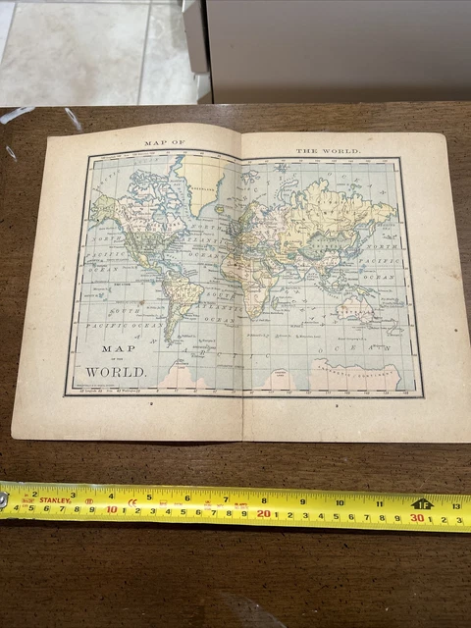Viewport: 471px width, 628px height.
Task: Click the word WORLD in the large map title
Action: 117,372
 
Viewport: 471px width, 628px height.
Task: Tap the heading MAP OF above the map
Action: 165,143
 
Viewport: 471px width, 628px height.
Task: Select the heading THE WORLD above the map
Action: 328,150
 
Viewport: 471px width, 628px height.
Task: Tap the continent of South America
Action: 183,293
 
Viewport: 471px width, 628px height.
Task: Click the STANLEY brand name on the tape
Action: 54,500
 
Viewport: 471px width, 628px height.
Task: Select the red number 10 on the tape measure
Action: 112,509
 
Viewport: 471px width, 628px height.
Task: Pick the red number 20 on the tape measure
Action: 263,512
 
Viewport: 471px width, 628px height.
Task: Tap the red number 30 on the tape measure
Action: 417,517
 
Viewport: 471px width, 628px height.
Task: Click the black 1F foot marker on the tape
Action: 422,503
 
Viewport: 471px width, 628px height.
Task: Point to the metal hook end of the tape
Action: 4,499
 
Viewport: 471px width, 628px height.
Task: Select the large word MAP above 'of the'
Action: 115,347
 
